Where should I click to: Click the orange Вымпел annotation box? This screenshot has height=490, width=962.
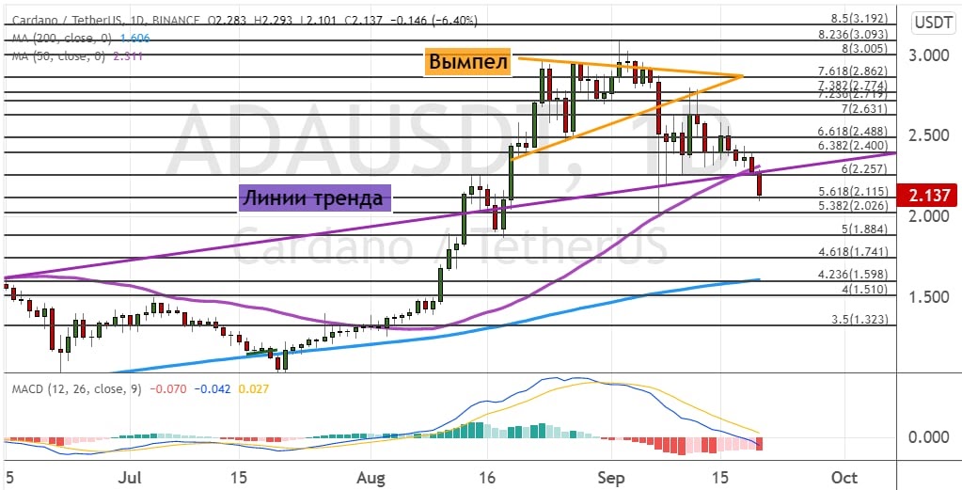pyautogui.click(x=468, y=62)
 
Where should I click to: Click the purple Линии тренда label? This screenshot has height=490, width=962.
pyautogui.click(x=313, y=198)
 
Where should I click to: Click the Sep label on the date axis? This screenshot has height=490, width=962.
pyautogui.click(x=612, y=477)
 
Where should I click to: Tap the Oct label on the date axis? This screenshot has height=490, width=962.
pyautogui.click(x=844, y=477)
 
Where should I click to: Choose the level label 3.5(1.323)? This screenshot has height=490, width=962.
pyautogui.click(x=862, y=320)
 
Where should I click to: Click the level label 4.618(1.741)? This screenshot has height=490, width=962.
pyautogui.click(x=858, y=252)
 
